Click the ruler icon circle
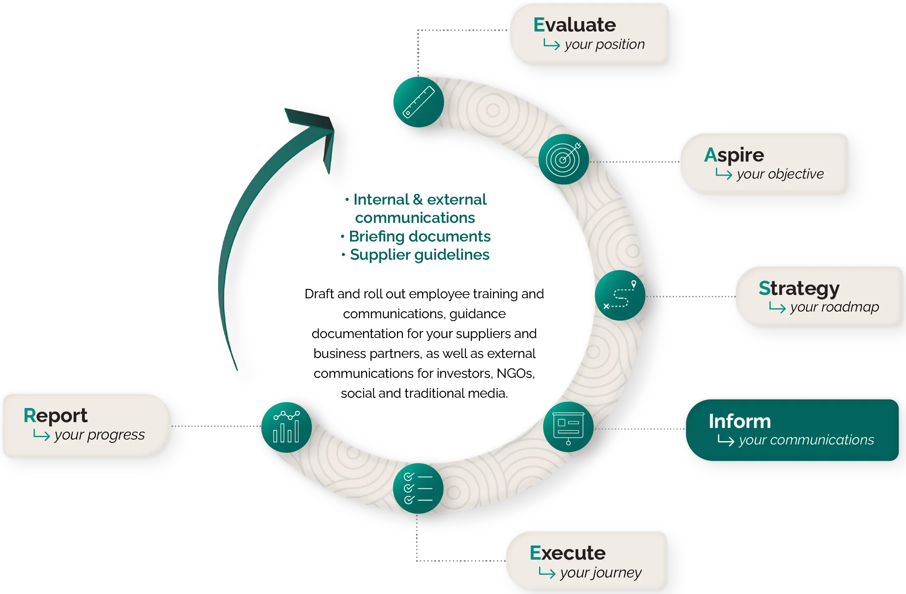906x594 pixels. (x=418, y=102)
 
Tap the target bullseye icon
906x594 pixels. (x=563, y=159)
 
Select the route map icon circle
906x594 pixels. (x=620, y=295)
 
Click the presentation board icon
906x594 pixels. (x=568, y=427)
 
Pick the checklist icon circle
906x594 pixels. (x=418, y=488)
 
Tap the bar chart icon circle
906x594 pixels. (x=286, y=427)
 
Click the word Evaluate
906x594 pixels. (x=574, y=25)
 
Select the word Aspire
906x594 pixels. (x=734, y=155)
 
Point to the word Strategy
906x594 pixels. (x=799, y=289)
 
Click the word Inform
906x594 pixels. (x=740, y=421)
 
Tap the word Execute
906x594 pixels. (x=567, y=553)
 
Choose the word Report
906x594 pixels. (x=55, y=416)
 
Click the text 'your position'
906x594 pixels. (x=605, y=44)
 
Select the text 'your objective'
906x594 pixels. (x=780, y=174)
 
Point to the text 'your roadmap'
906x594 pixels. (x=834, y=307)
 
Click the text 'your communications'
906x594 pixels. (x=806, y=440)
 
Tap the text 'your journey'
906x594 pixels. (x=601, y=572)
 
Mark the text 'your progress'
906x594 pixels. (x=100, y=435)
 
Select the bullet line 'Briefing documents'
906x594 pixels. (x=420, y=236)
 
